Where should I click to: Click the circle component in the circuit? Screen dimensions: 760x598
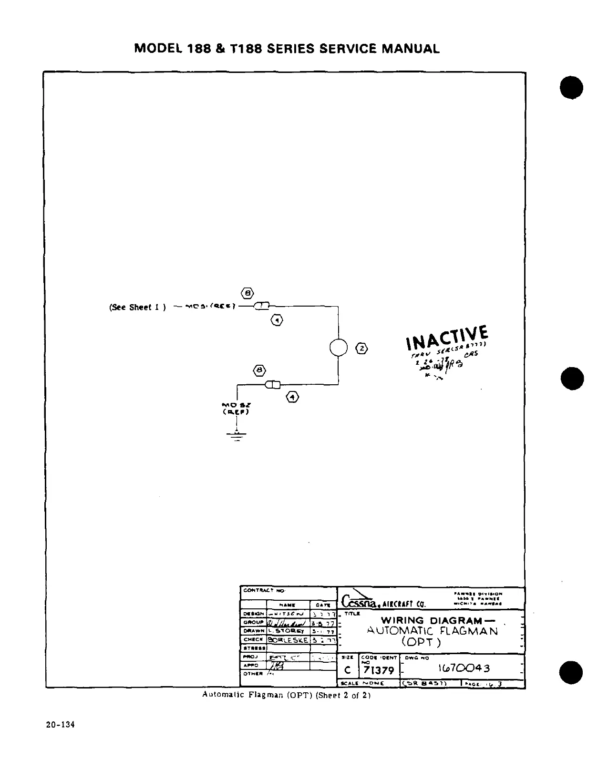(338, 347)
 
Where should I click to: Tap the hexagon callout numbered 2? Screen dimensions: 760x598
(362, 348)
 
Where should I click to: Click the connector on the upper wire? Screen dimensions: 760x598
(262, 306)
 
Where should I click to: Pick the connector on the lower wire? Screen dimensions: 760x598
(273, 384)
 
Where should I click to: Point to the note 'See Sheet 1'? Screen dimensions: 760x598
(137, 307)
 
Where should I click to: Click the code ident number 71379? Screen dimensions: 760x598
(379, 670)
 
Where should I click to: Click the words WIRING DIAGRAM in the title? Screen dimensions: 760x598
(432, 620)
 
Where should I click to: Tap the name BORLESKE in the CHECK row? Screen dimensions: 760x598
(289, 640)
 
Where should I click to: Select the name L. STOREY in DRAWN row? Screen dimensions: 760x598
(287, 631)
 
